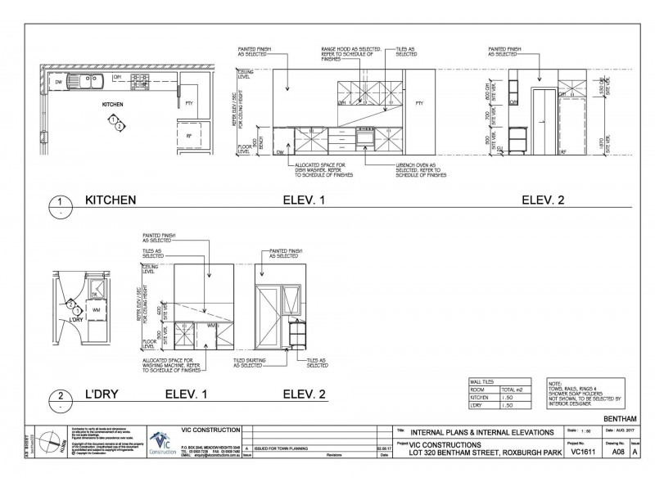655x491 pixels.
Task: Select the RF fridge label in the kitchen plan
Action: tap(189, 136)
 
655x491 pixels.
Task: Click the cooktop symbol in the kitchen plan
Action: tap(141, 79)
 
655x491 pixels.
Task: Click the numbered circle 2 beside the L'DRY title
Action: tap(59, 398)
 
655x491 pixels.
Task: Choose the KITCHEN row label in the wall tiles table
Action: tap(478, 398)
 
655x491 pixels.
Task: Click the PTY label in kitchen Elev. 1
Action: tap(419, 104)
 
